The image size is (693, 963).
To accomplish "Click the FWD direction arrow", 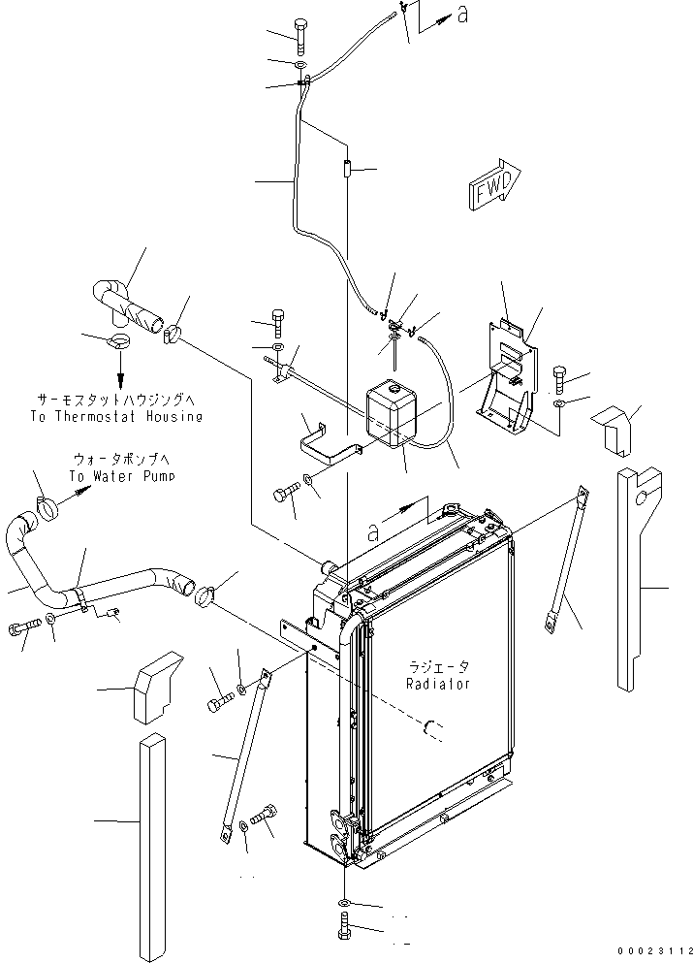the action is [495, 184].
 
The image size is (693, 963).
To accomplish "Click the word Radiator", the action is [438, 684].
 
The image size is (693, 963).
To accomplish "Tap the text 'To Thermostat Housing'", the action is [116, 416].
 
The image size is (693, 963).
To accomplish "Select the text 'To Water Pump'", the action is [121, 476].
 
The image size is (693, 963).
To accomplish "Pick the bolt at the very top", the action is [301, 36].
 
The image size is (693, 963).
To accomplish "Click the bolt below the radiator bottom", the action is [344, 925].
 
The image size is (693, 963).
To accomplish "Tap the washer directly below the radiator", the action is [344, 902].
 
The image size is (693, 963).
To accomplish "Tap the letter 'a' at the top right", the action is [463, 15].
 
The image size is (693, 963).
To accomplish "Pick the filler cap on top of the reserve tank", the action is [391, 389].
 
